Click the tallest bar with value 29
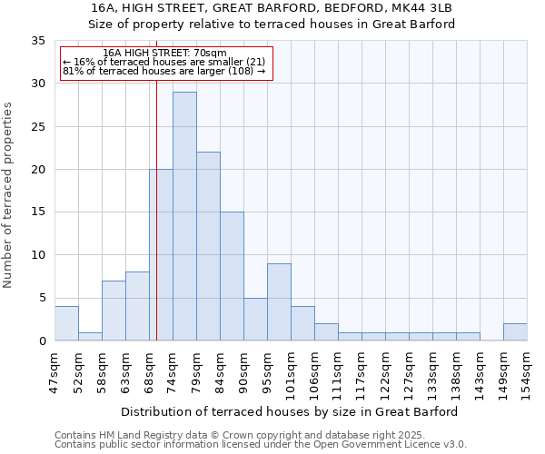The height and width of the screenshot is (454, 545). click(x=184, y=216)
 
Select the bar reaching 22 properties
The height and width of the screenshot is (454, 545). click(x=208, y=246)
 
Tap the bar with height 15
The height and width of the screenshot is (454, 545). click(x=232, y=276)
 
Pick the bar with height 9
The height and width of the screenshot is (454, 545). click(x=279, y=301)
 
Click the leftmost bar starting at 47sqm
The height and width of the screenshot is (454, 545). click(x=66, y=323)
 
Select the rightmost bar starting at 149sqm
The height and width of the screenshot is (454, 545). click(x=515, y=331)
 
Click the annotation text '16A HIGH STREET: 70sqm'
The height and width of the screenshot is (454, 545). click(x=165, y=54)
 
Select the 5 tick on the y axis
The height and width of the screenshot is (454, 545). click(x=41, y=298)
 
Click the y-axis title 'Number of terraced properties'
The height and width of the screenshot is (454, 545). click(x=9, y=194)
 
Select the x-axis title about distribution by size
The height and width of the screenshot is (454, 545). click(x=289, y=411)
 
